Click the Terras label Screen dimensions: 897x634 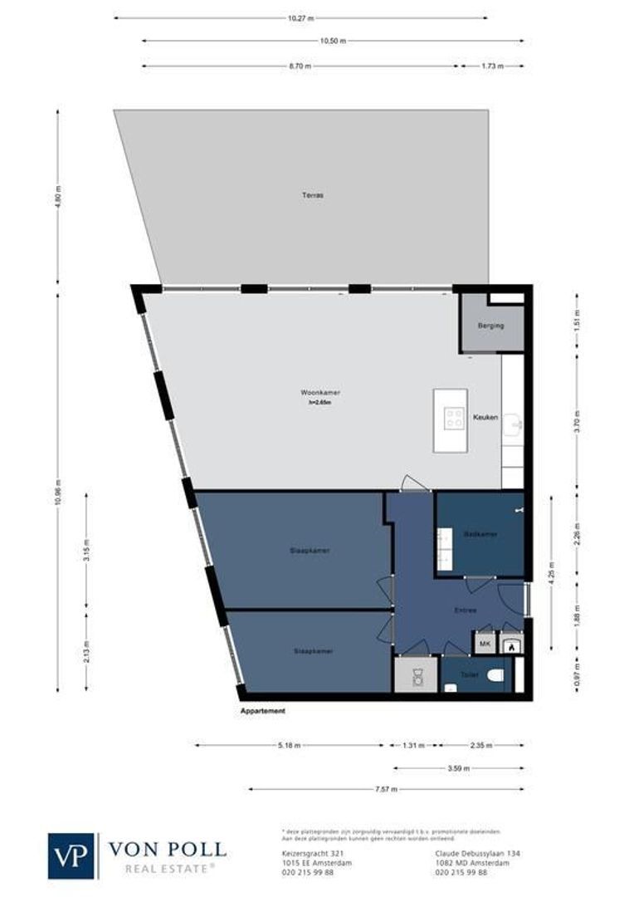point(312,195)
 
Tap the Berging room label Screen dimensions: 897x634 point(490,326)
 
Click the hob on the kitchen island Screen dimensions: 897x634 point(454,419)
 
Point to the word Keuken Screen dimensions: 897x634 point(485,417)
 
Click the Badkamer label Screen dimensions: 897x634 point(480,534)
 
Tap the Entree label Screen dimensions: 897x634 point(465,610)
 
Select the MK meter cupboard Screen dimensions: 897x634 point(485,643)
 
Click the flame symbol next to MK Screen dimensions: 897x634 point(512,643)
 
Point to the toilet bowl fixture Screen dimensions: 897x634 point(495,676)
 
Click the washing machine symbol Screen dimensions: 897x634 point(415,674)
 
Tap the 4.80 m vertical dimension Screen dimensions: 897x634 point(58,196)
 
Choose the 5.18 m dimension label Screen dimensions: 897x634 point(288,745)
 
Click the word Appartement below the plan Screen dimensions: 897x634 point(262,712)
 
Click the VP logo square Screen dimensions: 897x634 point(72,855)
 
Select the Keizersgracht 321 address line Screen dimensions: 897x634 point(304,853)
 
